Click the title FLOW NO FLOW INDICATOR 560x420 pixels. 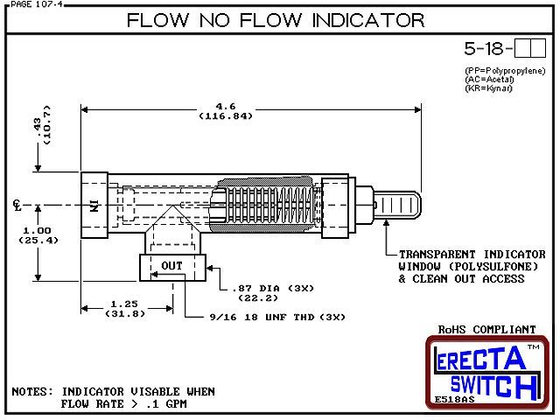[x=276, y=20]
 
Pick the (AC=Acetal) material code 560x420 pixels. [x=490, y=80]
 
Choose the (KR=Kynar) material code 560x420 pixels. [x=488, y=88]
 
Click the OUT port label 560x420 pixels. [x=172, y=266]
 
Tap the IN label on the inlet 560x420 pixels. [x=94, y=206]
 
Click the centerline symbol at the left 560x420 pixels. [x=17, y=205]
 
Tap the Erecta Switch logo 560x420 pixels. [x=486, y=371]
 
